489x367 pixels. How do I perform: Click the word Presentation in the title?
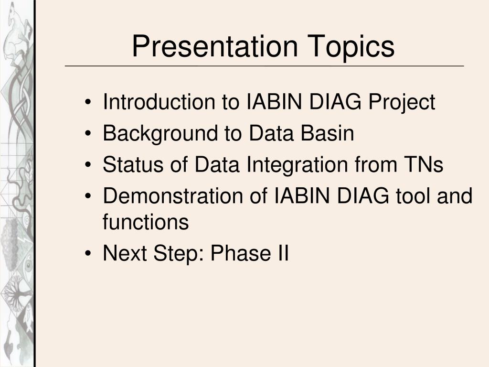(215, 46)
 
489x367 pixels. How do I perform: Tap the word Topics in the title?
(351, 47)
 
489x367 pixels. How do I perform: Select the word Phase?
(241, 253)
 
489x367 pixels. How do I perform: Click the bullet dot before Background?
(88, 134)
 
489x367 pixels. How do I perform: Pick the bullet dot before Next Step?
(88, 253)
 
